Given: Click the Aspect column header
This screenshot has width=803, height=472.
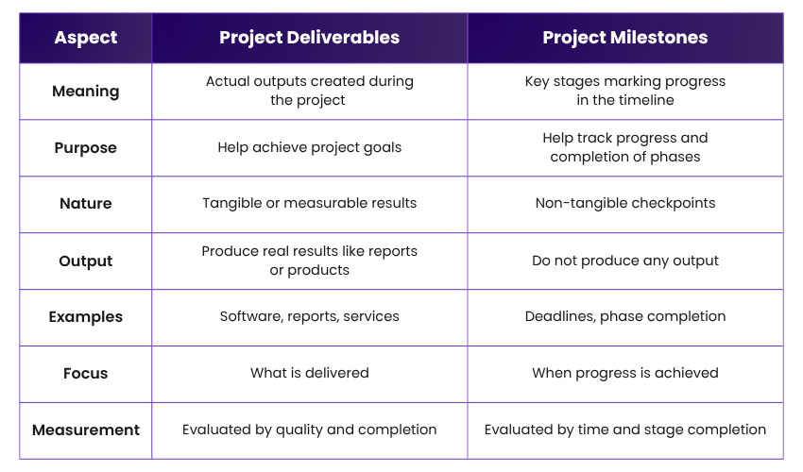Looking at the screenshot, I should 86,38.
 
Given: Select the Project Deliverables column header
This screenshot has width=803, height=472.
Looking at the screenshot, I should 309,38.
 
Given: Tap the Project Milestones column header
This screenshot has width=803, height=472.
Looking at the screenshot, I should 624,38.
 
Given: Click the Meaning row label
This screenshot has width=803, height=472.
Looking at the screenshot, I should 86,92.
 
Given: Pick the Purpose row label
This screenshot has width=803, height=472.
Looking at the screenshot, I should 86,148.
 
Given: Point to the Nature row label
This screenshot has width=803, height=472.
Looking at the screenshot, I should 86,204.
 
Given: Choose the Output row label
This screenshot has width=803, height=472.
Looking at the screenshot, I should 86,261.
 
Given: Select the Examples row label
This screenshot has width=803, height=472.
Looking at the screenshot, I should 86,317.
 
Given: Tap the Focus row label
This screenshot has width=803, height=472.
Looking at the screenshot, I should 86,374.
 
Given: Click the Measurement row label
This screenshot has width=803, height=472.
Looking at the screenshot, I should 86,430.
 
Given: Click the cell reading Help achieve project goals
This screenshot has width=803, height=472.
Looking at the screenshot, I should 309,147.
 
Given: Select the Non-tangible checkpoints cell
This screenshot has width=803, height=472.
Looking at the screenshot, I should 624,204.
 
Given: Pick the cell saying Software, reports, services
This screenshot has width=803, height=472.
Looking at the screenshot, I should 309,317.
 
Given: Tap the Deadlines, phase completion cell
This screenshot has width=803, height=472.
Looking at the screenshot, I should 624,317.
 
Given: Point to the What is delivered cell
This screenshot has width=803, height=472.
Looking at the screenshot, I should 309,374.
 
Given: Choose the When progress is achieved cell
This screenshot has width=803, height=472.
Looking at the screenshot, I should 624,374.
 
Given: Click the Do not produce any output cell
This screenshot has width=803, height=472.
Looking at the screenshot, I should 624,261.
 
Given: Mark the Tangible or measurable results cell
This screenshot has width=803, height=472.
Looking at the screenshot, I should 309,204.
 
